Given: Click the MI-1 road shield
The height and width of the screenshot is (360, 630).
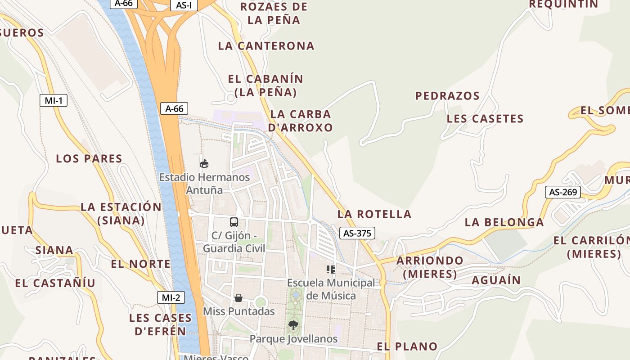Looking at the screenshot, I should tap(54, 100).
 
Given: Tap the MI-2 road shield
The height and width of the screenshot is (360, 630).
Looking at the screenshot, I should tap(171, 297).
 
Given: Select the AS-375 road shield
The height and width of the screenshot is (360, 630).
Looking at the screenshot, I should tap(357, 233).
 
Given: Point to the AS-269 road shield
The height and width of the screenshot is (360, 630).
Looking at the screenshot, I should tap(563, 192).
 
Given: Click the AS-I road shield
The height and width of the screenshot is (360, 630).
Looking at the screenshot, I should tap(184, 5).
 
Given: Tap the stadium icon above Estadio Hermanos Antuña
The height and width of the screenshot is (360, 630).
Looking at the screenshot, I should tap(204, 163).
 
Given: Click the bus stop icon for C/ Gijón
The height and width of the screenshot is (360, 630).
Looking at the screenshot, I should tap(234, 222).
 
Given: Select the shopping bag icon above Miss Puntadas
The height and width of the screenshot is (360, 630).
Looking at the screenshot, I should tap(238, 298).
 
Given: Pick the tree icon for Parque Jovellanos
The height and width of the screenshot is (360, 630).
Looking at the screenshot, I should tap(293, 325).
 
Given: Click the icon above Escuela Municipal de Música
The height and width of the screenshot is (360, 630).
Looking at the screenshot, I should tap(331, 270).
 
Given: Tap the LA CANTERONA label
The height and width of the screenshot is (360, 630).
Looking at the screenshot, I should tap(266, 46).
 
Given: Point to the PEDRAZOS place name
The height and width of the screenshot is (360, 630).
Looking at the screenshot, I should tap(447, 96).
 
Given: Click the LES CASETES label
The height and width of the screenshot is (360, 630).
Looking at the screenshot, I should tap(485, 119).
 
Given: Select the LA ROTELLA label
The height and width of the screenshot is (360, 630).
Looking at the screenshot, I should tap(374, 214).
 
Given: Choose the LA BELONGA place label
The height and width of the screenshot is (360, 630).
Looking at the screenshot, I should tap(504, 222).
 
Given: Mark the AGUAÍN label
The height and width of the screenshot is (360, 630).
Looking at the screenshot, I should tap(496, 280).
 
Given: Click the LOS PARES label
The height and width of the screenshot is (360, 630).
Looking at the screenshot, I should tap(89, 158).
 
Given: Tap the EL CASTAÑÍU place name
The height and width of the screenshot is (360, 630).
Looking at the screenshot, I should tap(55, 283).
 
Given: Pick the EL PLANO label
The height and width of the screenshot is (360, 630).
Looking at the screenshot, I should tap(407, 346).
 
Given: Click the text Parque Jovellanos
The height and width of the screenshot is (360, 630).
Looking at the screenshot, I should tap(293, 338).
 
